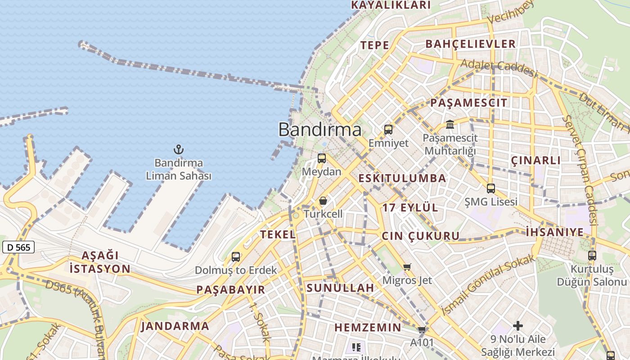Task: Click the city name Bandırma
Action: (x=320, y=130)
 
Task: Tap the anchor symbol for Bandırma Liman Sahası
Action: (x=179, y=149)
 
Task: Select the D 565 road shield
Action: (x=18, y=247)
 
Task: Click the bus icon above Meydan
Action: (x=322, y=158)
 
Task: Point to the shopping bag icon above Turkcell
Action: (x=323, y=201)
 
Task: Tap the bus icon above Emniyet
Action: (x=388, y=130)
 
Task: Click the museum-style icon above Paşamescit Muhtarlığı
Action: (x=450, y=124)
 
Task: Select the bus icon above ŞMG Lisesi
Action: (x=491, y=189)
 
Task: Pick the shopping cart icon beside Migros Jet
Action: (x=407, y=267)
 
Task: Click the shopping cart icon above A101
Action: (x=422, y=329)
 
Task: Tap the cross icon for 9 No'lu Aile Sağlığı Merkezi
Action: (x=518, y=325)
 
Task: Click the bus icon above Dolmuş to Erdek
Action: (x=236, y=257)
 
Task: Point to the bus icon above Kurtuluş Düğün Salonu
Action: (x=592, y=256)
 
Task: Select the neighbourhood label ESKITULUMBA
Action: (x=402, y=178)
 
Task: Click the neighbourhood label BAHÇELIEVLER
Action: (x=470, y=44)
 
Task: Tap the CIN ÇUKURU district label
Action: (x=421, y=236)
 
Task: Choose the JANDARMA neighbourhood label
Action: (x=175, y=326)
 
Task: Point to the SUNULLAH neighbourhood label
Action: (x=340, y=288)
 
